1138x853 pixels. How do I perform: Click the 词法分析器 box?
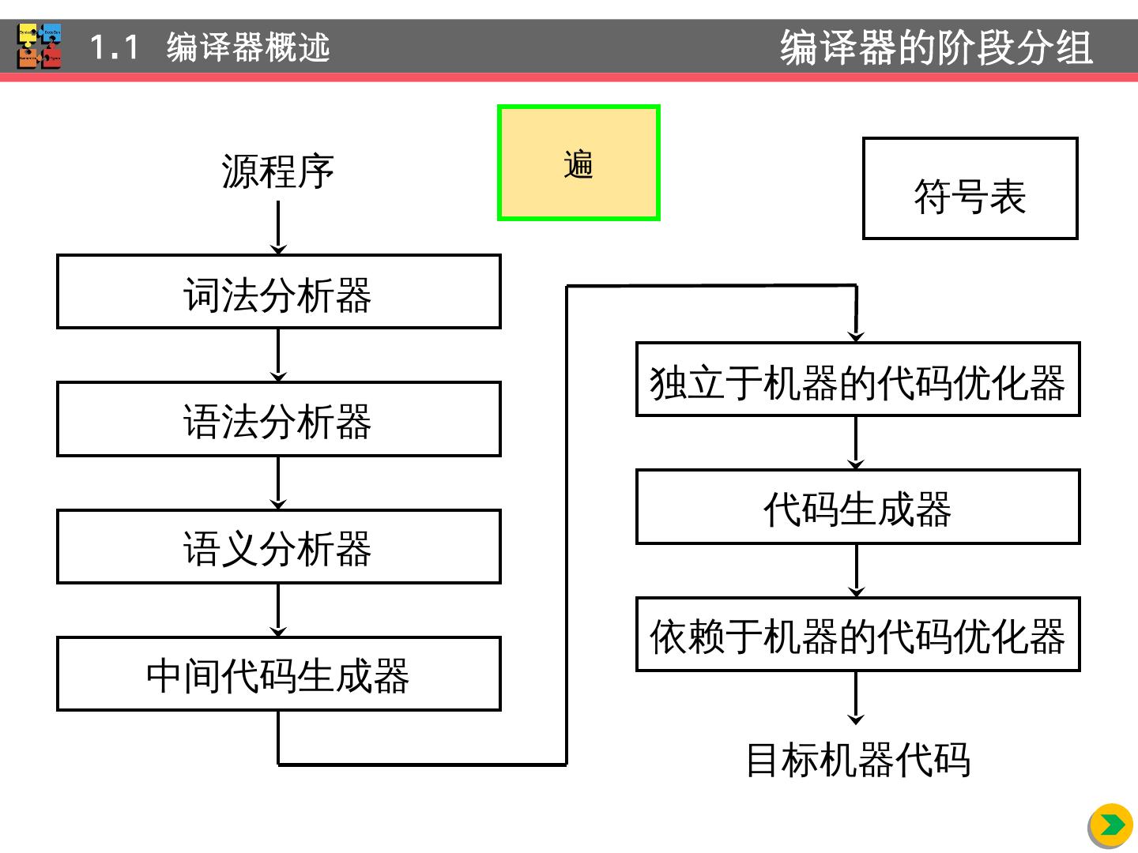pos(278,291)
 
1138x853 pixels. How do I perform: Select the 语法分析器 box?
pos(278,419)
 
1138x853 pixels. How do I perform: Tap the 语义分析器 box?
pos(278,547)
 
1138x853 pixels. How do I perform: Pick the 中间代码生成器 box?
pos(278,674)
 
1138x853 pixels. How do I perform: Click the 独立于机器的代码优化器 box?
pos(857,380)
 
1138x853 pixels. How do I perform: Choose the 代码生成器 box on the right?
pos(857,507)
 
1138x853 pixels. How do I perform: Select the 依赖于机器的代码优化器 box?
pos(857,635)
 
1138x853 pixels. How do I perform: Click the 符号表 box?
pos(970,189)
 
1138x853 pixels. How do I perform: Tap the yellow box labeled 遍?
pos(578,163)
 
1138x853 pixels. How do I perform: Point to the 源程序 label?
pos(278,171)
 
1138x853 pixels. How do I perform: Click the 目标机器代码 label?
pos(857,760)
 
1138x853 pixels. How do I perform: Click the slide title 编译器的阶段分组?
pos(936,47)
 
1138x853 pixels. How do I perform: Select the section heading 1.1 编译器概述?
pos(209,47)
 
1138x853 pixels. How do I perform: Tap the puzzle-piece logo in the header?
pos(40,47)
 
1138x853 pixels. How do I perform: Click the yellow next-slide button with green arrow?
pos(1110,825)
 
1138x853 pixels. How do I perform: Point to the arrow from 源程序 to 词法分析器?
pos(278,227)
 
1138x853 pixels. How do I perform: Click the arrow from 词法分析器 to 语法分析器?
pos(278,355)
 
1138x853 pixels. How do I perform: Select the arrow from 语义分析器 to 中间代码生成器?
pos(278,611)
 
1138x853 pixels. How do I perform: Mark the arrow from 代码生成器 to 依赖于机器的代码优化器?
pos(857,570)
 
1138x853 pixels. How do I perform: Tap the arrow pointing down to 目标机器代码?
pos(856,698)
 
